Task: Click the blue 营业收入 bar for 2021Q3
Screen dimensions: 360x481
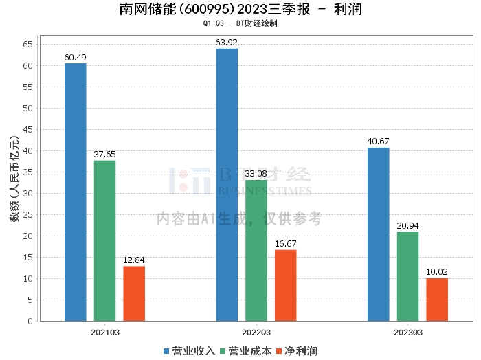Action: point(76,192)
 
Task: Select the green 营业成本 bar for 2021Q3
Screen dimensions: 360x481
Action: point(104,240)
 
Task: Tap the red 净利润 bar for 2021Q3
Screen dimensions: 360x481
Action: point(134,293)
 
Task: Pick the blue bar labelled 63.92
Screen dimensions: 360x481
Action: point(227,185)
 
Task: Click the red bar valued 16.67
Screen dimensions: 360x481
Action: point(285,285)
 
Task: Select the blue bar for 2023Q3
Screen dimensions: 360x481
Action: point(379,234)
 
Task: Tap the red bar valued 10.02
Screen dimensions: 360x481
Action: point(437,300)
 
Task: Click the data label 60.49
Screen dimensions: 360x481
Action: point(76,57)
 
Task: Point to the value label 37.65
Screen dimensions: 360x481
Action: point(104,155)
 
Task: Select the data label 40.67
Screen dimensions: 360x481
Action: point(379,142)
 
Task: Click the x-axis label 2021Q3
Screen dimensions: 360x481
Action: point(104,333)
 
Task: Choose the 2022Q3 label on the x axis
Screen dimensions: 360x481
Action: point(256,333)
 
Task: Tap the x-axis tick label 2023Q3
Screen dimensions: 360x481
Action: point(407,333)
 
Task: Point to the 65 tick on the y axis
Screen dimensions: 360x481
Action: point(28,45)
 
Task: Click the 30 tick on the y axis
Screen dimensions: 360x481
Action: point(28,194)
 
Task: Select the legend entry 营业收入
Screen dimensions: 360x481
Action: point(189,350)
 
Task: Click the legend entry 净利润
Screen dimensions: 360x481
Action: point(297,350)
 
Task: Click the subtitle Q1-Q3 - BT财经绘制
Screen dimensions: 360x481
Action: point(240,23)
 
